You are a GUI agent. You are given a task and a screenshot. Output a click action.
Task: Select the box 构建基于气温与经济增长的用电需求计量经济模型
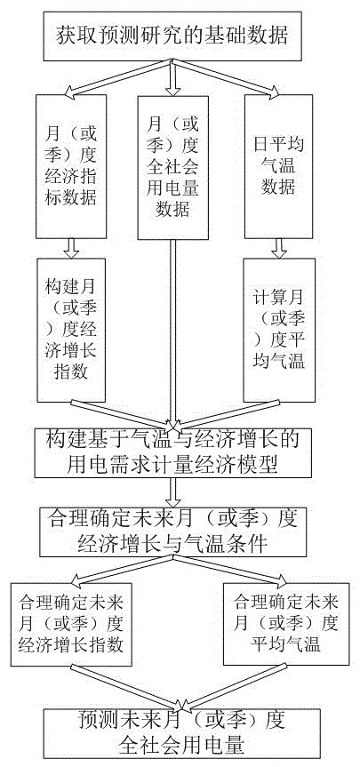tap(178, 451)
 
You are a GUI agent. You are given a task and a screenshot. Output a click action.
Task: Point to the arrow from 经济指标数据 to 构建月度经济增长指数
tap(68, 248)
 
